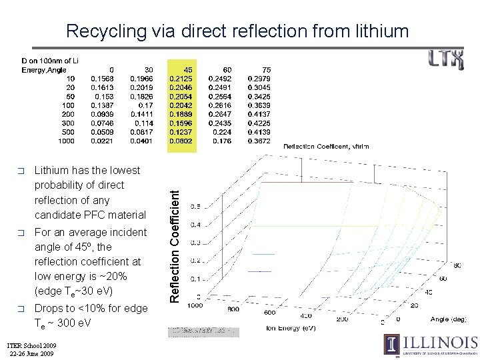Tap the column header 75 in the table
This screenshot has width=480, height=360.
[266, 69]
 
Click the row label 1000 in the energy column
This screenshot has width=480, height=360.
[66, 141]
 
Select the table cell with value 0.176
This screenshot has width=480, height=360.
[223, 141]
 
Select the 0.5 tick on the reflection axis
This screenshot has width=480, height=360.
[195, 207]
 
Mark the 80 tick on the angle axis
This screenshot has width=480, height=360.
[456, 265]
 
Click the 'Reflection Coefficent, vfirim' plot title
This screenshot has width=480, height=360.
[326, 146]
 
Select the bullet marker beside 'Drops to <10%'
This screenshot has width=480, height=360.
[22, 309]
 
